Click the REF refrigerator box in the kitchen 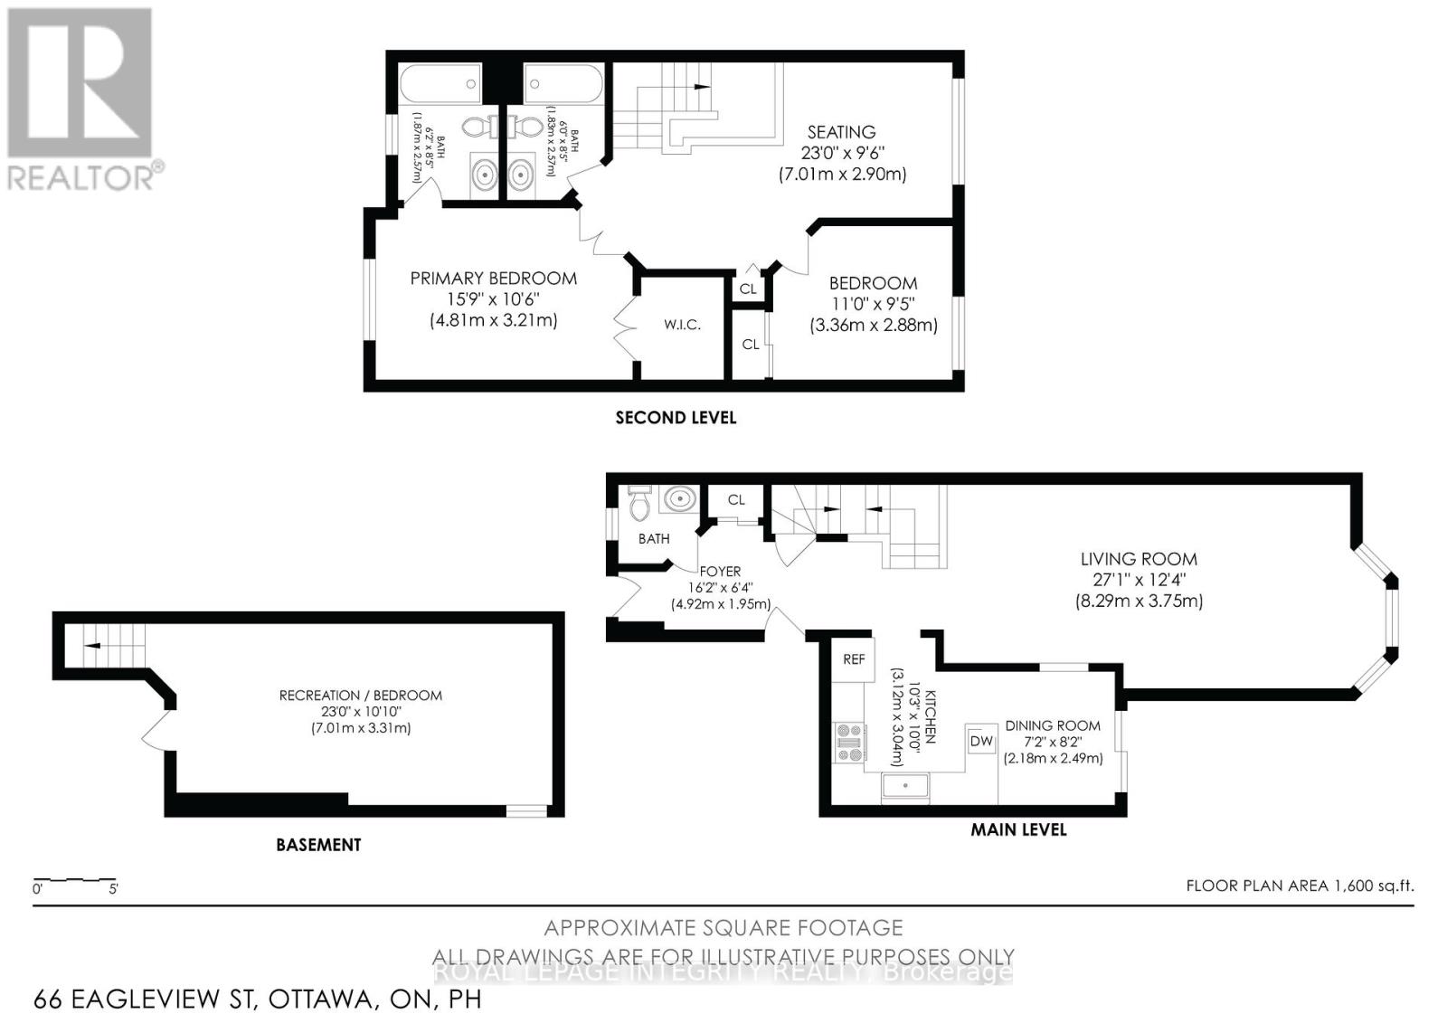tap(854, 659)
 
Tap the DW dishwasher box tap(981, 742)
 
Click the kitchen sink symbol tap(906, 786)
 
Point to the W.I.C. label tap(682, 325)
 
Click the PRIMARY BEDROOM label tap(493, 279)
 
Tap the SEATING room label tap(841, 132)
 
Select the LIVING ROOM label tap(1139, 559)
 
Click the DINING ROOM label tap(1053, 725)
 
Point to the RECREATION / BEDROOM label tap(360, 696)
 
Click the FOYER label tap(720, 572)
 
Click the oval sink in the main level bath tap(678, 498)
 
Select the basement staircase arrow tap(91, 646)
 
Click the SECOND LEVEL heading tap(676, 418)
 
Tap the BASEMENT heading tap(318, 845)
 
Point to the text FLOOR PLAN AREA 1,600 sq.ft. tap(1300, 886)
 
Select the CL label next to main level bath tap(736, 499)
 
